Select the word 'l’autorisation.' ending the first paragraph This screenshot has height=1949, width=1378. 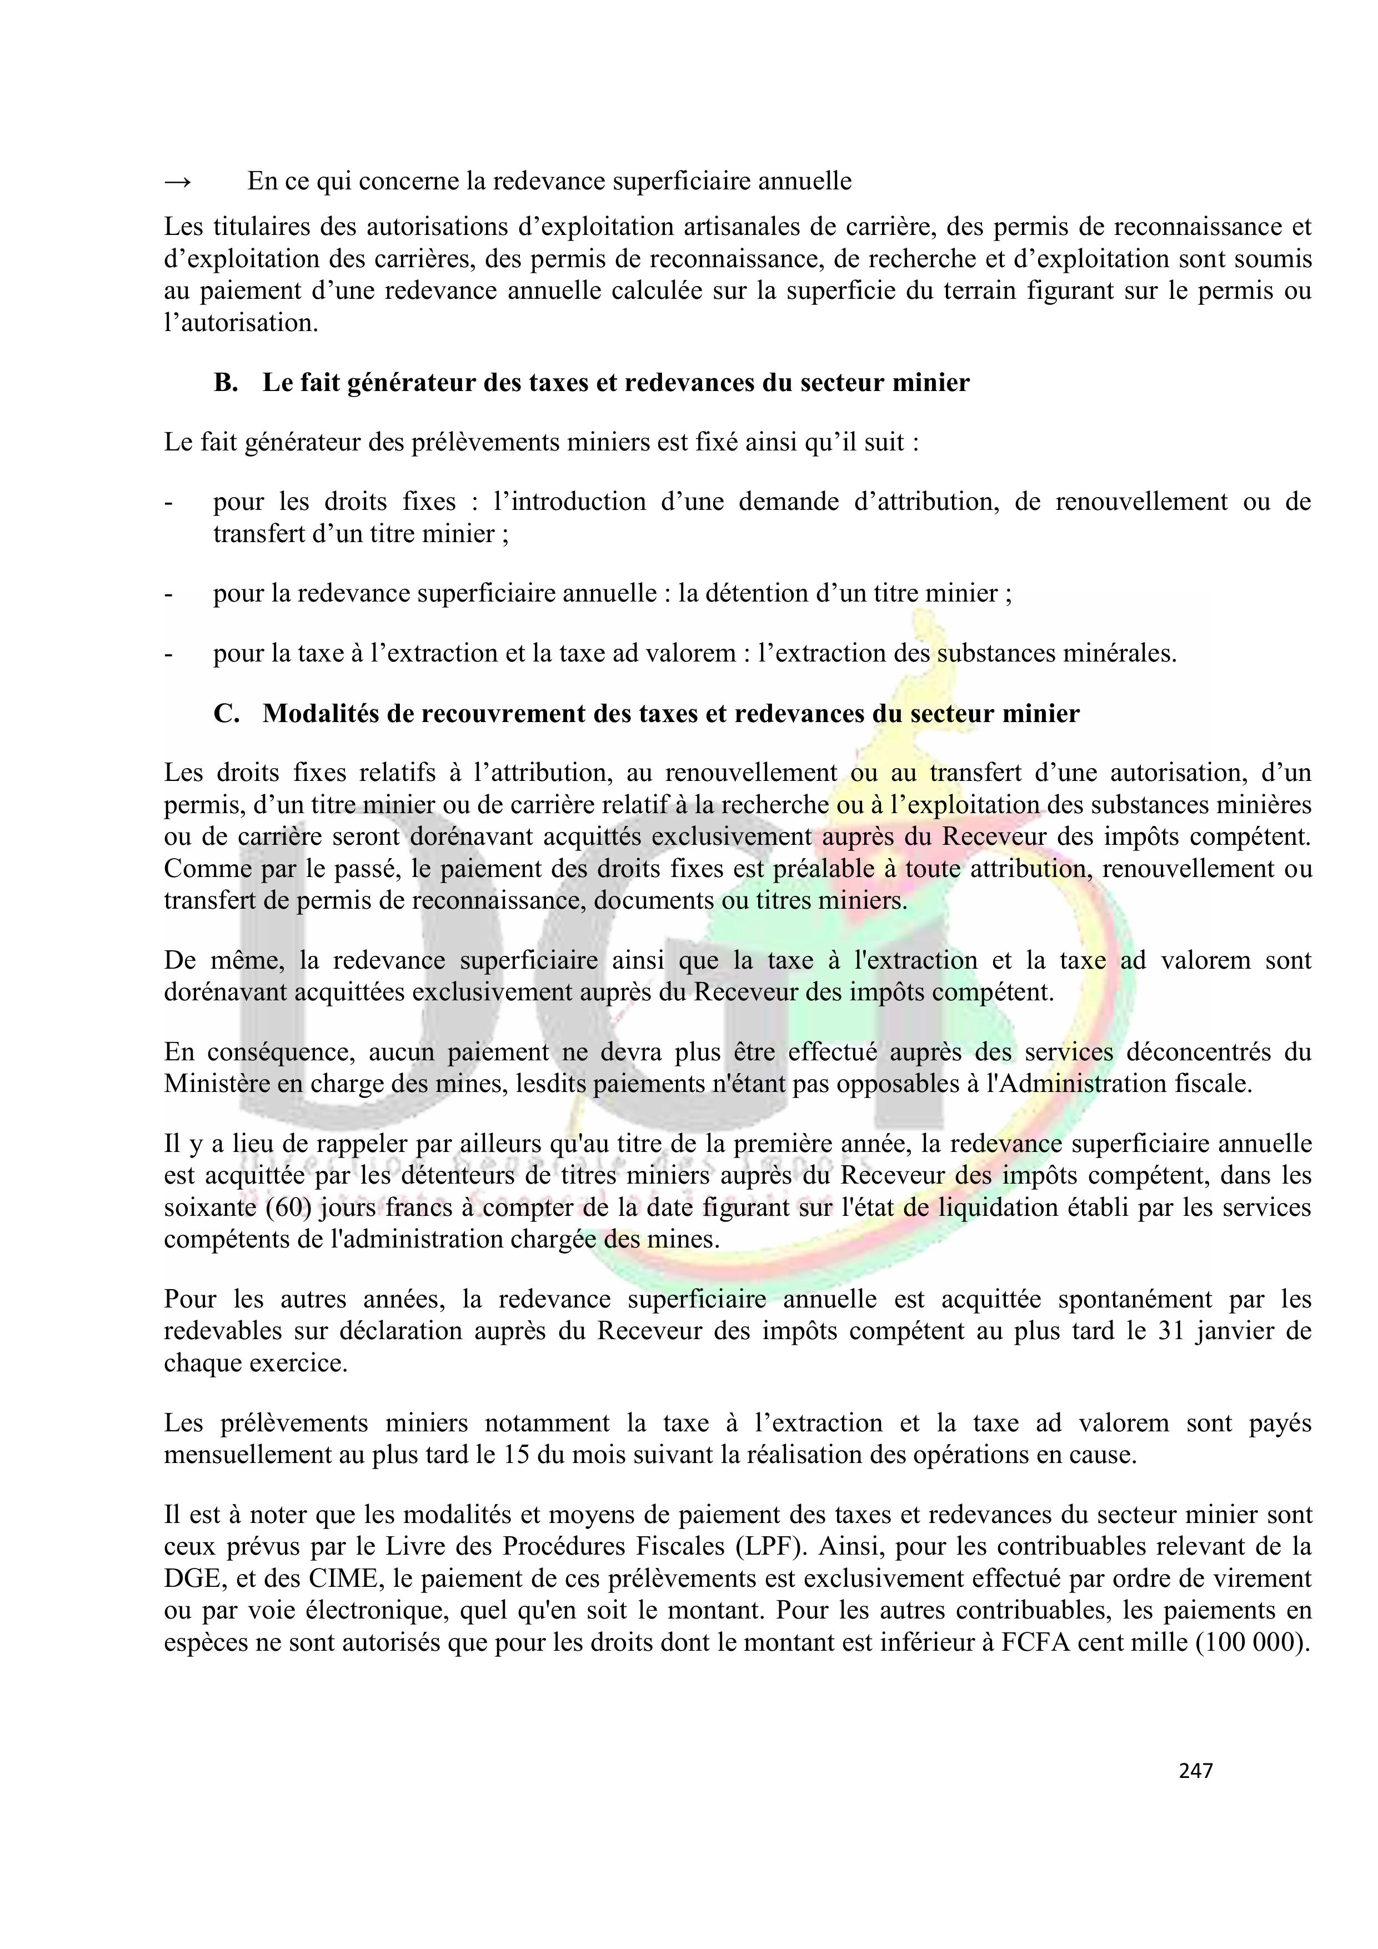point(241,323)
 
